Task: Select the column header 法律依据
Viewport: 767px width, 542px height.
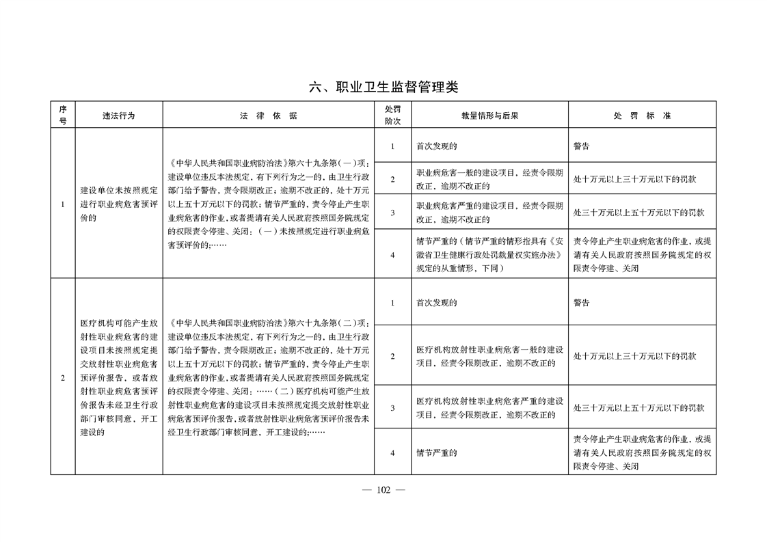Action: [x=269, y=116]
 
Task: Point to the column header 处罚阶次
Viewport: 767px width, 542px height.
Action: [x=392, y=116]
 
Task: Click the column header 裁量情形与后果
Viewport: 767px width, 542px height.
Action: [x=489, y=116]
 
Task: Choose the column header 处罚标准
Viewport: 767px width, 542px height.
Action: [x=642, y=116]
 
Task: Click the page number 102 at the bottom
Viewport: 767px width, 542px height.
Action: [x=383, y=489]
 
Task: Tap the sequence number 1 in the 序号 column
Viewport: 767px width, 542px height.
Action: [x=62, y=204]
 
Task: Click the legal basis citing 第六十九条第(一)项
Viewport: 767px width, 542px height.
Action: [x=269, y=204]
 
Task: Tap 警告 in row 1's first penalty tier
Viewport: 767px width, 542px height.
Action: [x=582, y=146]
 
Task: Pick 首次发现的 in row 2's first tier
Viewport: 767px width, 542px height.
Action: [x=437, y=302]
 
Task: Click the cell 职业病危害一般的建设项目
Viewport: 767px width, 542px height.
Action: [x=489, y=179]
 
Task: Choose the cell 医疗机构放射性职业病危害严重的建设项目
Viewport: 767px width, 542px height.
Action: [x=489, y=408]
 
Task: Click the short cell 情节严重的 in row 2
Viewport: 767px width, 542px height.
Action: [x=437, y=452]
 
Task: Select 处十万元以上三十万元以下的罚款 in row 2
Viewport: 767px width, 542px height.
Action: [x=635, y=356]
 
